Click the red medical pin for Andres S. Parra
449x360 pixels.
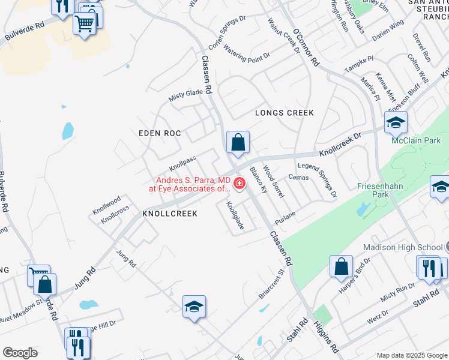point(240,184)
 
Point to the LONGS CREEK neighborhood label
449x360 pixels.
point(285,113)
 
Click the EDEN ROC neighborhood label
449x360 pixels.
point(160,133)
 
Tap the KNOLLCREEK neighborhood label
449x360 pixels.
point(170,214)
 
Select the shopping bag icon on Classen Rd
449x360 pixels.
point(238,143)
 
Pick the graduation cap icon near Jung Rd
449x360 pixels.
point(194,307)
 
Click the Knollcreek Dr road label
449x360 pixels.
point(340,145)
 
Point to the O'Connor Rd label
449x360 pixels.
point(306,47)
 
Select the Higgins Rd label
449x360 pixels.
point(326,339)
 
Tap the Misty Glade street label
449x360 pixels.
point(185,94)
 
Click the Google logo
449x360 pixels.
point(20,353)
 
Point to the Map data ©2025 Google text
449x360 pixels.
point(411,355)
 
